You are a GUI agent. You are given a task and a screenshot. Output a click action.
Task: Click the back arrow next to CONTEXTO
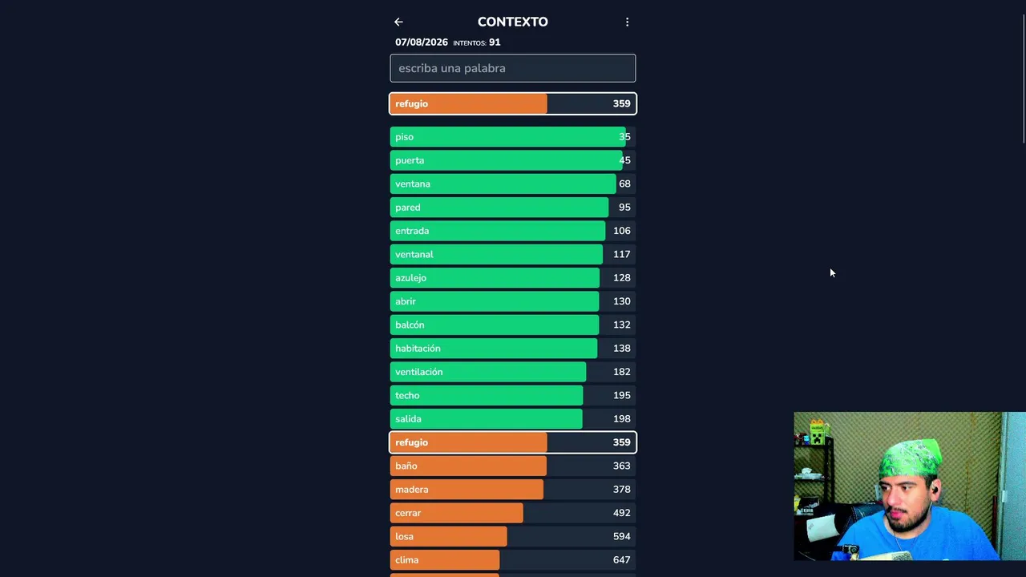pyautogui.click(x=398, y=22)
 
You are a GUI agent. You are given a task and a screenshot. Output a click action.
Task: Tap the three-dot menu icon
pyautogui.click(x=627, y=22)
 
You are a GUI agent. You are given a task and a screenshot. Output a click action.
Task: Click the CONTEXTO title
pyautogui.click(x=512, y=22)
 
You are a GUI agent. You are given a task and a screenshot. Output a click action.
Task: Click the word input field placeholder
pyautogui.click(x=451, y=68)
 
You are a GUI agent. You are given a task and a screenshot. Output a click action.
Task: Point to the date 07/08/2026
pyautogui.click(x=422, y=42)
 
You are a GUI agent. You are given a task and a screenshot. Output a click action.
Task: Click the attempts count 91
pyautogui.click(x=495, y=42)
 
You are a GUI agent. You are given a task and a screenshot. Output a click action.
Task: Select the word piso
pyautogui.click(x=405, y=137)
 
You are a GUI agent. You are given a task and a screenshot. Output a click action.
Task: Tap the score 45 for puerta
pyautogui.click(x=624, y=160)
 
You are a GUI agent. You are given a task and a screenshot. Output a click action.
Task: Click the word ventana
pyautogui.click(x=413, y=184)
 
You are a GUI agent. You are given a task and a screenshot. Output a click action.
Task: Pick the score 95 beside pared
pyautogui.click(x=624, y=208)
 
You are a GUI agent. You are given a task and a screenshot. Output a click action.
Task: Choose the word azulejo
pyautogui.click(x=411, y=278)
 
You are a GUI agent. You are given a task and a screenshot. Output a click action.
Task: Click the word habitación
pyautogui.click(x=418, y=349)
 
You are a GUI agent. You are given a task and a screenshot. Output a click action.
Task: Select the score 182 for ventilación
pyautogui.click(x=621, y=372)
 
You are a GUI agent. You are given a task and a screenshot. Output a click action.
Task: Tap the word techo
pyautogui.click(x=407, y=396)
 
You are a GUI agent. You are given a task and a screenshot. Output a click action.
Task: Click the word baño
pyautogui.click(x=406, y=466)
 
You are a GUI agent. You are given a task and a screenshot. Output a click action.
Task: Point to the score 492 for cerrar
pyautogui.click(x=621, y=513)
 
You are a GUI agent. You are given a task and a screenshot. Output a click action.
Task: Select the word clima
pyautogui.click(x=406, y=560)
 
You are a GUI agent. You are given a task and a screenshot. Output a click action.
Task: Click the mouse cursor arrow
pyautogui.click(x=832, y=273)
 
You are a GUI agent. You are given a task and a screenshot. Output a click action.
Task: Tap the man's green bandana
pyautogui.click(x=910, y=458)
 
